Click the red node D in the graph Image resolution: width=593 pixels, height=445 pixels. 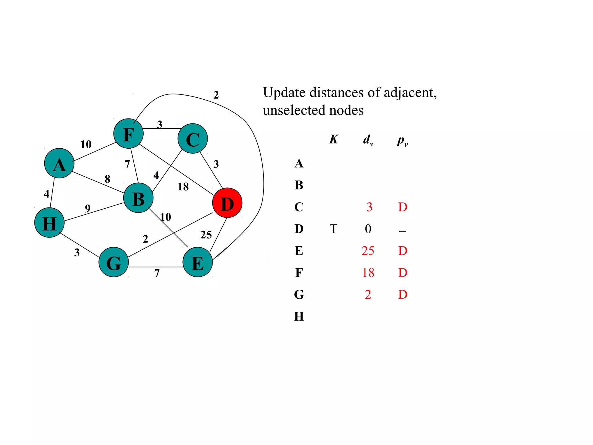click(227, 203)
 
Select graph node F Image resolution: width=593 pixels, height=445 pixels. click(128, 134)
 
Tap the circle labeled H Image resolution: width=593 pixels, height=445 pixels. click(49, 222)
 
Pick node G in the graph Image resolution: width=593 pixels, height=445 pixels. click(114, 262)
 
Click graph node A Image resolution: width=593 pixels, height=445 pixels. click(59, 163)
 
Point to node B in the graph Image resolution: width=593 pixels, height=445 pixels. click(138, 198)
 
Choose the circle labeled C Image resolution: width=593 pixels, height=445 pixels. click(193, 138)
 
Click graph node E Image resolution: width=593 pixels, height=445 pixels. click(198, 262)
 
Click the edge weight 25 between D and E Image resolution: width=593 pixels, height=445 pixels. click(206, 235)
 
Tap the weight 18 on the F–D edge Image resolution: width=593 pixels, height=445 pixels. click(183, 187)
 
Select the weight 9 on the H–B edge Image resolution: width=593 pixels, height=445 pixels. click(88, 208)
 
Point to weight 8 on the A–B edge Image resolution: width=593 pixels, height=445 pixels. click(107, 179)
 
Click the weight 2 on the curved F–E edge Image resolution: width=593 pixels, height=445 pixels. click(216, 95)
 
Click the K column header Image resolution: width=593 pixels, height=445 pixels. click(334, 140)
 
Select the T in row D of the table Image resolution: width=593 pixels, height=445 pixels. click(334, 229)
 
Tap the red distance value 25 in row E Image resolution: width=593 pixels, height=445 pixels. click(368, 251)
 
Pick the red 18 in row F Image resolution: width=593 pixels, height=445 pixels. click(368, 273)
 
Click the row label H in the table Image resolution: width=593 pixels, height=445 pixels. click(299, 316)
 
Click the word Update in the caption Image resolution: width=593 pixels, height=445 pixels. click(284, 93)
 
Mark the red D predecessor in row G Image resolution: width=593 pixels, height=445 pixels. click(402, 295)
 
